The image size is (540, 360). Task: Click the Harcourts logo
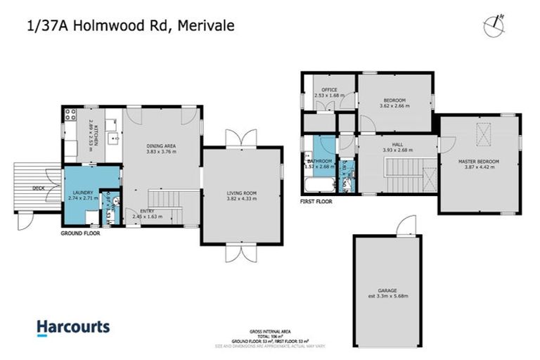click(73, 327)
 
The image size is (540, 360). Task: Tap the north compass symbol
click(495, 25)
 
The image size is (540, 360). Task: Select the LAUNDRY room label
click(82, 192)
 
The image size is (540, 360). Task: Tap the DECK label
click(38, 188)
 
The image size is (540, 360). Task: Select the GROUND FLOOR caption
click(79, 233)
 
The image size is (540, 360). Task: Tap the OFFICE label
click(329, 90)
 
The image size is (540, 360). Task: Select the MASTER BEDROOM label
click(478, 162)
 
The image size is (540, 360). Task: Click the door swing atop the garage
click(406, 226)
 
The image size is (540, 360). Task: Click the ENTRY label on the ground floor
click(147, 211)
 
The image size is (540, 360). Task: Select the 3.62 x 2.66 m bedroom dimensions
click(394, 106)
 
